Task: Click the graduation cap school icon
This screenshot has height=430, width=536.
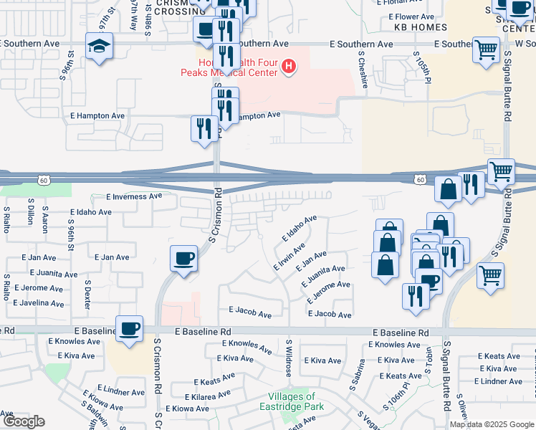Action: point(97,47)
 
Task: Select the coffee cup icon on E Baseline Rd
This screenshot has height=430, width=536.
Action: point(129,329)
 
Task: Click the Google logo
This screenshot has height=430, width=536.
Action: point(23,421)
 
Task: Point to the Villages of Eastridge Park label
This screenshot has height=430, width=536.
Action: point(291,401)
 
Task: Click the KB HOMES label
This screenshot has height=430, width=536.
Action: point(421,27)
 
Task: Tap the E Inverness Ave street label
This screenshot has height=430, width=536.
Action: point(134,196)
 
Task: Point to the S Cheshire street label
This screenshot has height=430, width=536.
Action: point(363,70)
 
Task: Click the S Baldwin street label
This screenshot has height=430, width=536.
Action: point(110,414)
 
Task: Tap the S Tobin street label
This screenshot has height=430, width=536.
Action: point(429,360)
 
